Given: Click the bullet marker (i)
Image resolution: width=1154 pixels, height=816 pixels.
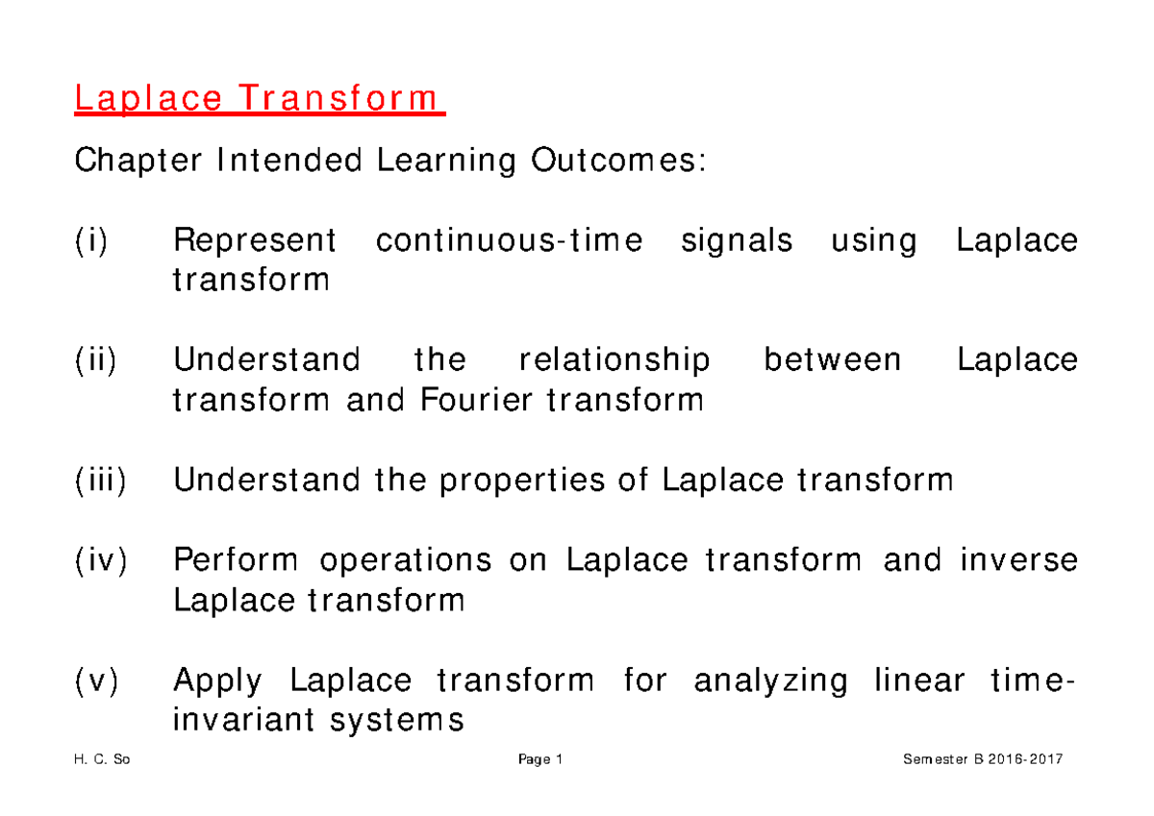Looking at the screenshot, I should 93,240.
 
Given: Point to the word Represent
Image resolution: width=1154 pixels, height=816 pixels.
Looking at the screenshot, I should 254,240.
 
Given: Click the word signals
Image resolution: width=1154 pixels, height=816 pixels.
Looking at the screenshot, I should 737,240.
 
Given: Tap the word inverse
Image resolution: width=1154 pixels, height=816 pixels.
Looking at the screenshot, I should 1019,559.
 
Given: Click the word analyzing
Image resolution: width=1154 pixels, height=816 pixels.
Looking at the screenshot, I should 770,681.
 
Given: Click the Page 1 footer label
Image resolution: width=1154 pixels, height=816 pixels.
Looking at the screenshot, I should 539,760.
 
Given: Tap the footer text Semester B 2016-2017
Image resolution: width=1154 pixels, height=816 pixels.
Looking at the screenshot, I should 983,760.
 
